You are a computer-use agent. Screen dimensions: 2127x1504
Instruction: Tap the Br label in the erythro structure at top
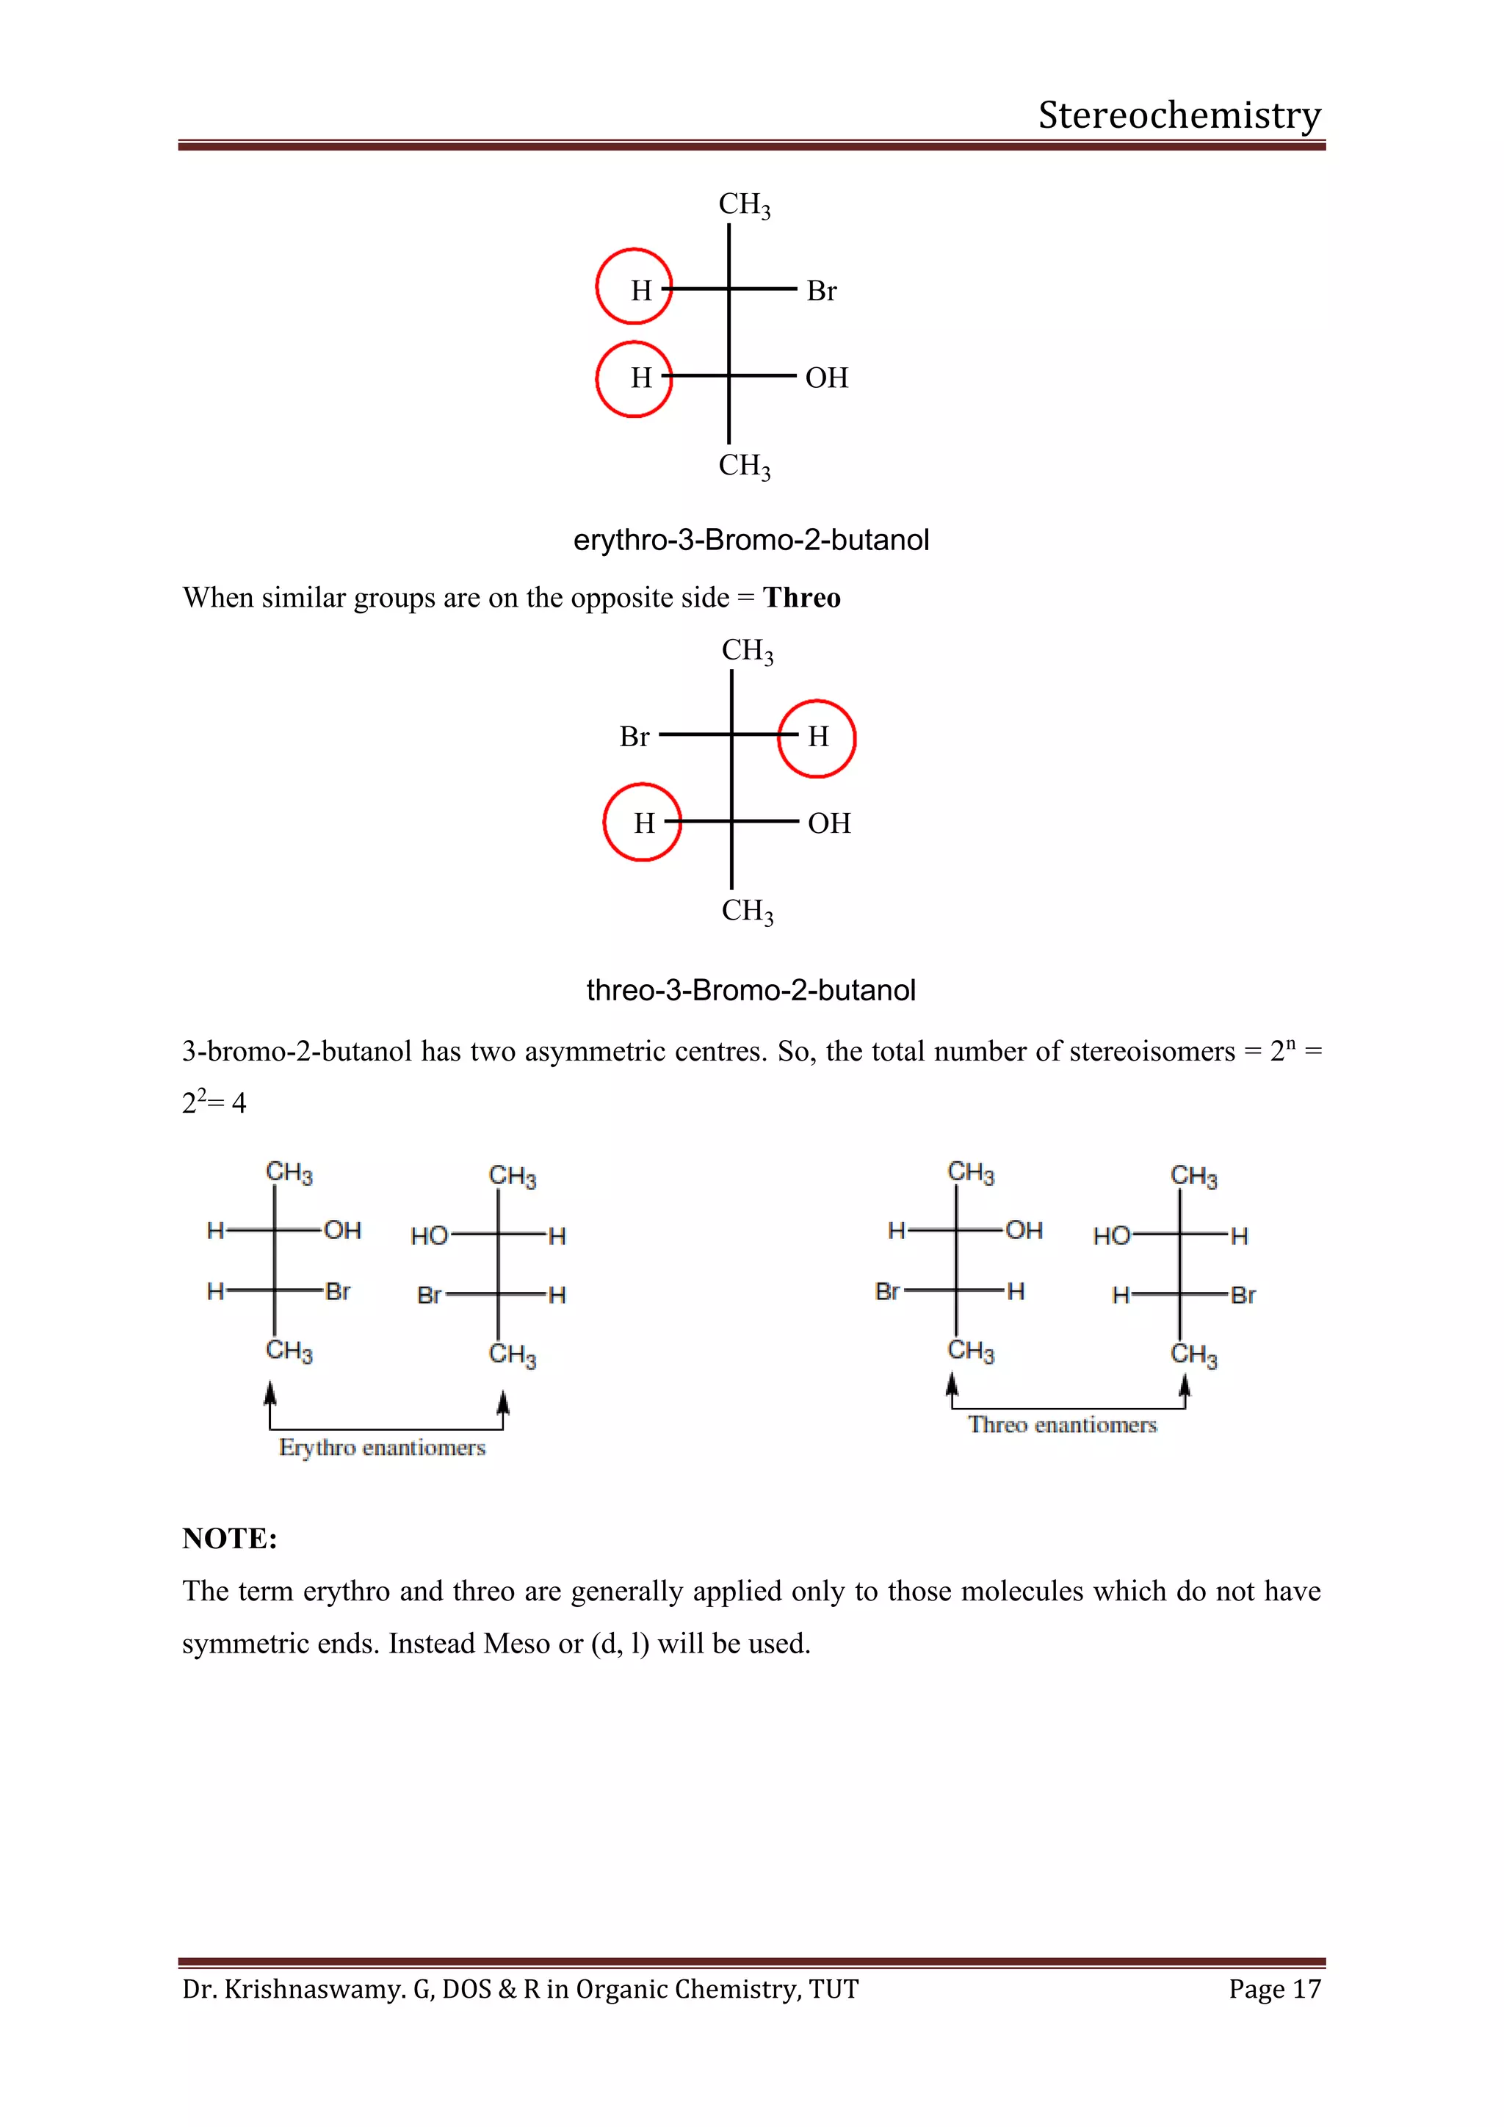[x=822, y=291]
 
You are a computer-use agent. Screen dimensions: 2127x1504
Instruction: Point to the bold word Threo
[x=802, y=599]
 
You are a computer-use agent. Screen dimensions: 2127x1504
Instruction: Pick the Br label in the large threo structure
[x=634, y=737]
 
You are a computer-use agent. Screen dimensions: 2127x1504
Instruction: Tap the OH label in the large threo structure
[x=829, y=823]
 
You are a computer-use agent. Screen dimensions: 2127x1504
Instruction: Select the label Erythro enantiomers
[x=382, y=1448]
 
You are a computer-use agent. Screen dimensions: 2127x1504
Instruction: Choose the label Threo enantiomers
[x=1062, y=1425]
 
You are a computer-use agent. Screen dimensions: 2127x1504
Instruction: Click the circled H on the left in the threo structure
[x=643, y=823]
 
